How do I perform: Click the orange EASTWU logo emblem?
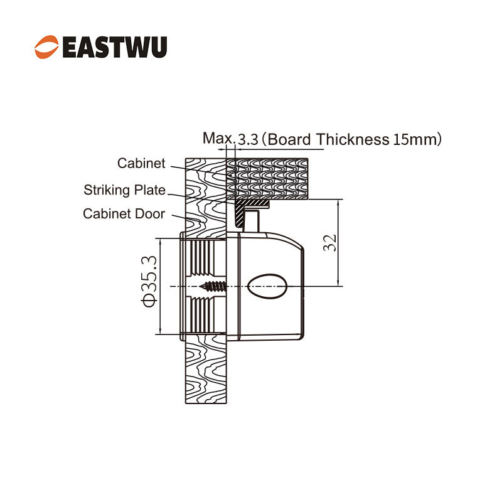[46, 47]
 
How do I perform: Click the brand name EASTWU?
[115, 47]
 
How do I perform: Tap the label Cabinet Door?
[124, 213]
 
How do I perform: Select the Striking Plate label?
[124, 190]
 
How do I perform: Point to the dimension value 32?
[330, 243]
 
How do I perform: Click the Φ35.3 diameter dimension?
[149, 281]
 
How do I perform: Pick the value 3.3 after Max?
[248, 139]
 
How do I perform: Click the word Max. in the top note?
[218, 138]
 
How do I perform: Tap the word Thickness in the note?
[353, 139]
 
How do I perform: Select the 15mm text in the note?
[414, 139]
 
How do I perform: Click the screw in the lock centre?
[213, 286]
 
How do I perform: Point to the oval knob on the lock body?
[267, 286]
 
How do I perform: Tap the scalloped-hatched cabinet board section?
[267, 179]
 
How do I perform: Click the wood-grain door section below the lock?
[206, 369]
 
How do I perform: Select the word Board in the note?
[289, 139]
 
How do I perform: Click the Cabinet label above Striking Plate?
[141, 163]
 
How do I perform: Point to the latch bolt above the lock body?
[252, 222]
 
